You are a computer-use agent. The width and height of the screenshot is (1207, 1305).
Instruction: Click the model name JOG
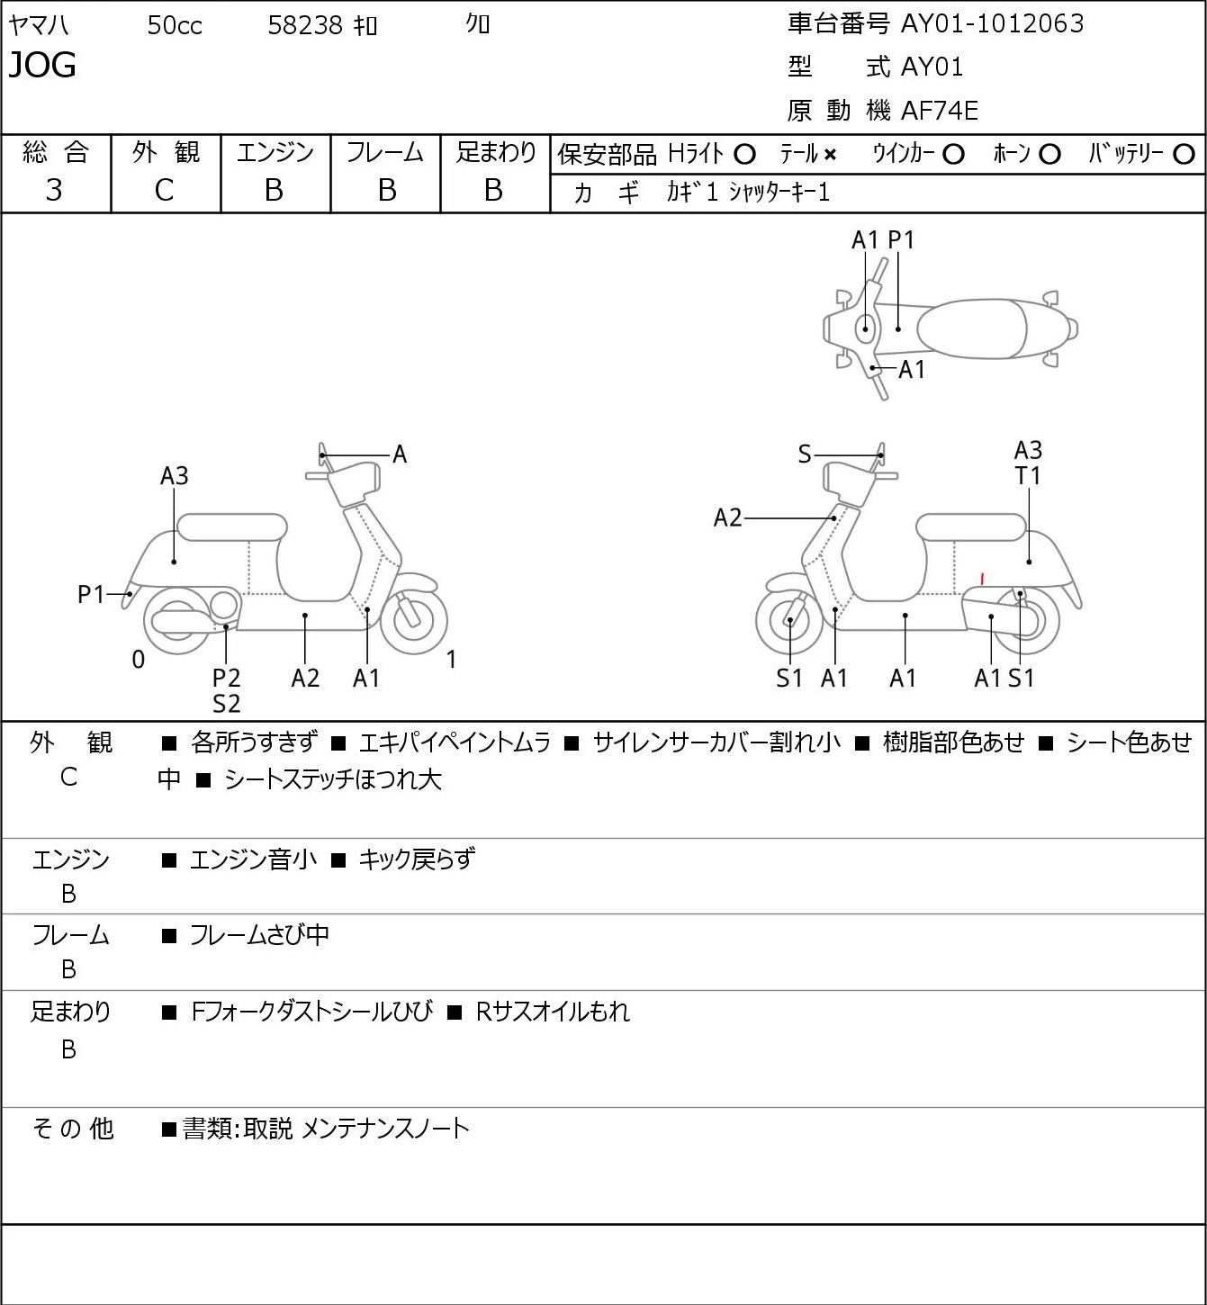coord(42,65)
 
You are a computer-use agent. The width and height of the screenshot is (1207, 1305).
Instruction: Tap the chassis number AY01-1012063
coord(991,23)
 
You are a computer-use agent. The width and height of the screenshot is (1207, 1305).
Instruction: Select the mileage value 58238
coord(305,25)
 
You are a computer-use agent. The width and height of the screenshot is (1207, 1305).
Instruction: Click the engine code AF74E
coord(939,111)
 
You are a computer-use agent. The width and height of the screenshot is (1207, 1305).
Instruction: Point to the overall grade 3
coord(54,190)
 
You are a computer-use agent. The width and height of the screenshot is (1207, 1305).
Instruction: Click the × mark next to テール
coord(830,155)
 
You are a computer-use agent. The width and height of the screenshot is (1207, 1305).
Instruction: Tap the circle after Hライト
coord(744,155)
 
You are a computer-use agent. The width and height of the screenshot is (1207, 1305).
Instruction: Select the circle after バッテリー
coord(1184,155)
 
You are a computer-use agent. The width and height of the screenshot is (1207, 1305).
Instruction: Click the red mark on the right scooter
coord(981,579)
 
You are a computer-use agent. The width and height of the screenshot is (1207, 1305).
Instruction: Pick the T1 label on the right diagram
coord(1028,476)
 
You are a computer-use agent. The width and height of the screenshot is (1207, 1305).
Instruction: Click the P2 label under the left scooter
coord(226,678)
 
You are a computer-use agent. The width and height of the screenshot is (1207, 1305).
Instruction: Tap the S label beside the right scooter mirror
coord(805,454)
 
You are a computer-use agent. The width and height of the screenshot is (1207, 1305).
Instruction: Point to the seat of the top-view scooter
coord(971,328)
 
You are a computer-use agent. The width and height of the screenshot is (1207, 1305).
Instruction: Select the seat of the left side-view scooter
coord(232,527)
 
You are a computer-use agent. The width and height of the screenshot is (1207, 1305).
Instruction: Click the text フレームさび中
coord(259,935)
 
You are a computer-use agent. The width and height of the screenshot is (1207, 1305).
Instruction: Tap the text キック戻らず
coord(416,859)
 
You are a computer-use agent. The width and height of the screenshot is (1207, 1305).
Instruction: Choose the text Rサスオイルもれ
coord(553,1012)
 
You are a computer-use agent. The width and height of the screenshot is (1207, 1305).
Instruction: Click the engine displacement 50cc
coord(175,25)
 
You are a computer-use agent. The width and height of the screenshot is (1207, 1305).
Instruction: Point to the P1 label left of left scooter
coord(92,595)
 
